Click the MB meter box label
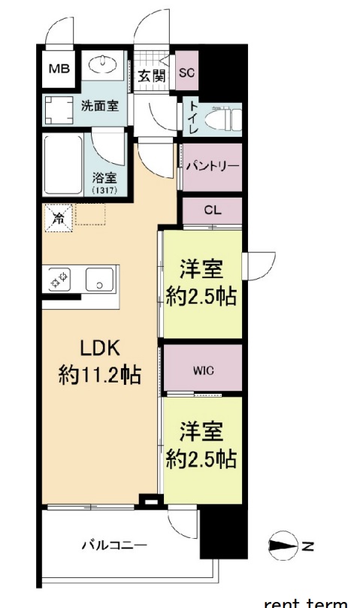(x=59, y=70)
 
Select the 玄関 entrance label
(x=153, y=75)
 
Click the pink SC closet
(x=187, y=74)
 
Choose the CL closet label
(x=212, y=210)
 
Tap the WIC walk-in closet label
(x=203, y=369)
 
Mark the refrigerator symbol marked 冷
(x=57, y=218)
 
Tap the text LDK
(x=101, y=349)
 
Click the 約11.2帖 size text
(x=101, y=374)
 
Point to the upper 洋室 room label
(x=201, y=268)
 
